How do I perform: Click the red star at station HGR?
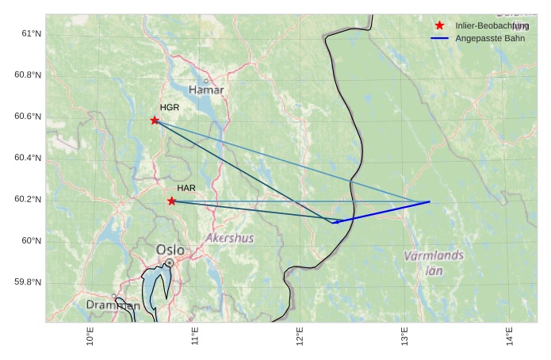pos(155,121)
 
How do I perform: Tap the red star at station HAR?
pos(172,201)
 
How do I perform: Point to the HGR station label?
pos(170,107)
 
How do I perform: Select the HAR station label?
pos(186,188)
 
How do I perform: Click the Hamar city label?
pos(206,90)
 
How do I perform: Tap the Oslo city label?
pos(170,251)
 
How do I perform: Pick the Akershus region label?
pos(230,238)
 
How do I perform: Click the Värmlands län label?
pos(434,262)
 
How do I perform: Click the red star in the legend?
pos(440,25)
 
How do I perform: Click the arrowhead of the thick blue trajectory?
pos(335,222)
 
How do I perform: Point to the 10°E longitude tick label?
pos(90,336)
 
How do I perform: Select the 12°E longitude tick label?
pos(300,336)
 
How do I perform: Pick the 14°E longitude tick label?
pos(510,336)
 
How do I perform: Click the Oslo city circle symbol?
pos(170,262)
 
